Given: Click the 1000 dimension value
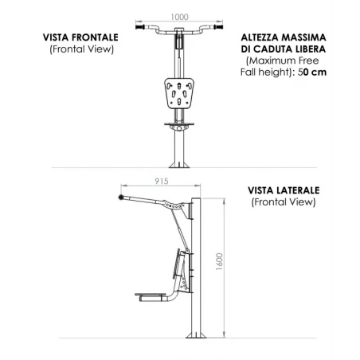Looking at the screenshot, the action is [179, 17].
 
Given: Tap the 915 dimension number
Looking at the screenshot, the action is [162, 181].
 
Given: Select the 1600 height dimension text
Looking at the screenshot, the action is [219, 261].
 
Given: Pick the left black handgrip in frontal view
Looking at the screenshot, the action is [140, 27].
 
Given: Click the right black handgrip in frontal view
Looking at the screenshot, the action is [218, 27].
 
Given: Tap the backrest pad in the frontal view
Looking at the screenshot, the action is [179, 93].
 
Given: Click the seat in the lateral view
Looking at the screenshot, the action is [151, 295].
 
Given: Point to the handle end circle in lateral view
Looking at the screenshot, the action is [121, 197].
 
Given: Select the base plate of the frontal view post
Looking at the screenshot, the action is [179, 165].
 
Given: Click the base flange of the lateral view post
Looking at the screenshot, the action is [196, 335].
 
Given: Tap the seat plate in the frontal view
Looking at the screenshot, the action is [179, 123].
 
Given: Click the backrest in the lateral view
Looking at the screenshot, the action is [178, 264].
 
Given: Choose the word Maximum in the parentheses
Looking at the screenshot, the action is [272, 61].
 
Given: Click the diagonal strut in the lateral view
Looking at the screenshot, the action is [180, 230].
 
